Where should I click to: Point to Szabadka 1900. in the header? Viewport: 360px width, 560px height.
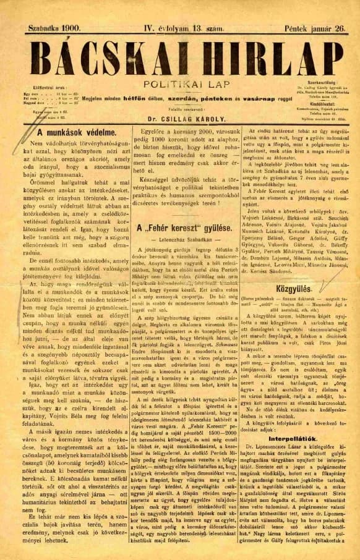(x=54, y=28)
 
